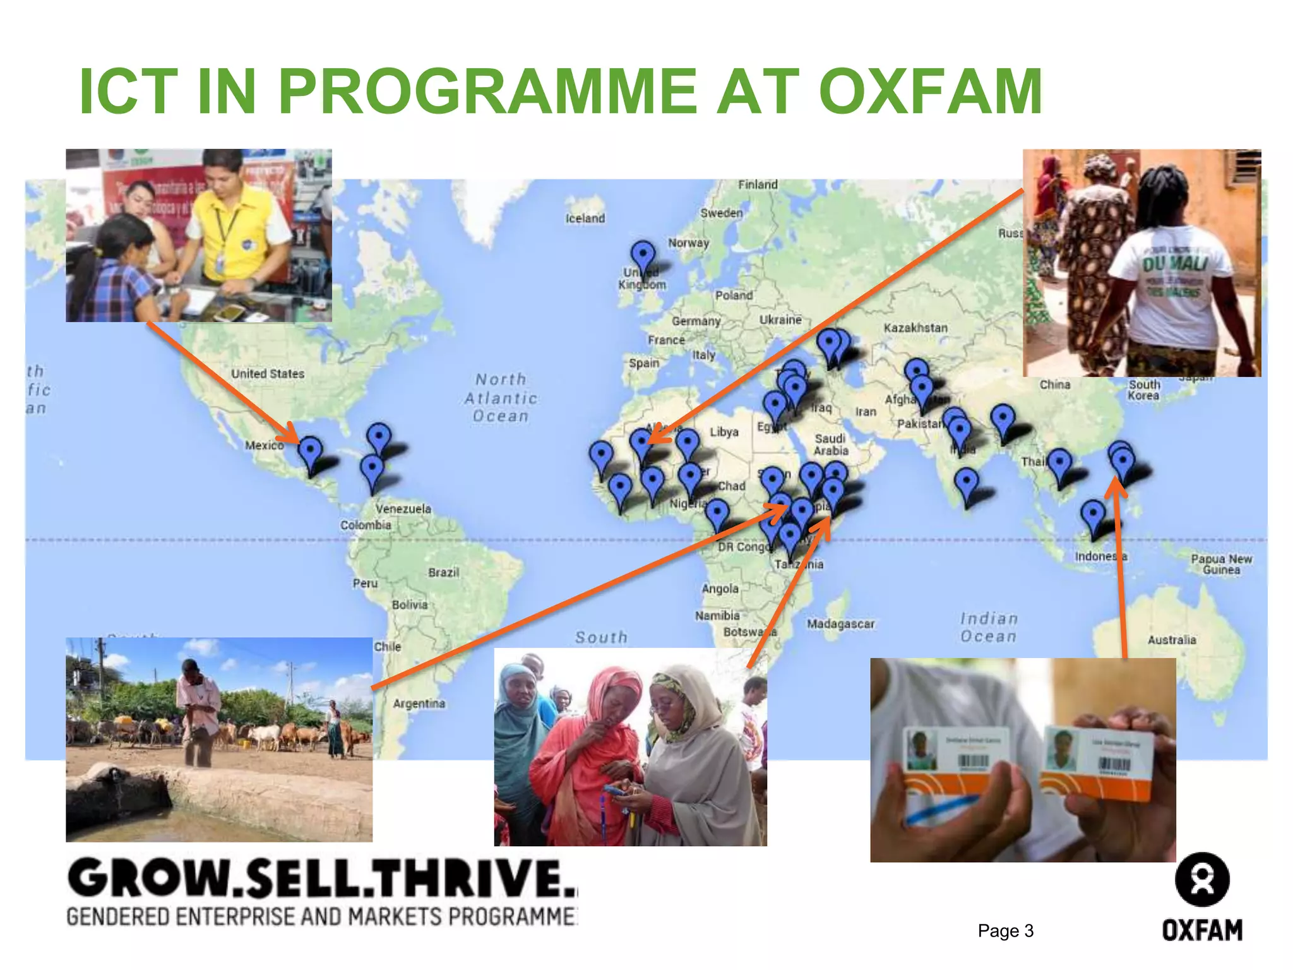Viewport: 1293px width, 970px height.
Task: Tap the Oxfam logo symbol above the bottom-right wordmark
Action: (x=1202, y=879)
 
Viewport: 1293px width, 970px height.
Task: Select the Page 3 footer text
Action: (x=1005, y=931)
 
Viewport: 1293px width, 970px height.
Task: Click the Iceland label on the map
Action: (x=585, y=219)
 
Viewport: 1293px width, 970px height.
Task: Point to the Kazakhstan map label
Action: (x=915, y=328)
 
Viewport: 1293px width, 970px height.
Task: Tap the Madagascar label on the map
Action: (x=840, y=624)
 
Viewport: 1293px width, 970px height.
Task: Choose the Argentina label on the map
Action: (x=419, y=704)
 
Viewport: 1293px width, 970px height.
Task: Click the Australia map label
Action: (x=1172, y=640)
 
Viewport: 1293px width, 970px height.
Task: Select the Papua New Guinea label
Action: (x=1221, y=565)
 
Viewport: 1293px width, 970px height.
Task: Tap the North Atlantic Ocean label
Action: (x=501, y=398)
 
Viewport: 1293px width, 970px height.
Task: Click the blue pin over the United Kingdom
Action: (x=643, y=255)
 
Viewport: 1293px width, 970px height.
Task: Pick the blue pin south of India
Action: (x=966, y=484)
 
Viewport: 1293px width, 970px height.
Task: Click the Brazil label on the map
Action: (x=443, y=573)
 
